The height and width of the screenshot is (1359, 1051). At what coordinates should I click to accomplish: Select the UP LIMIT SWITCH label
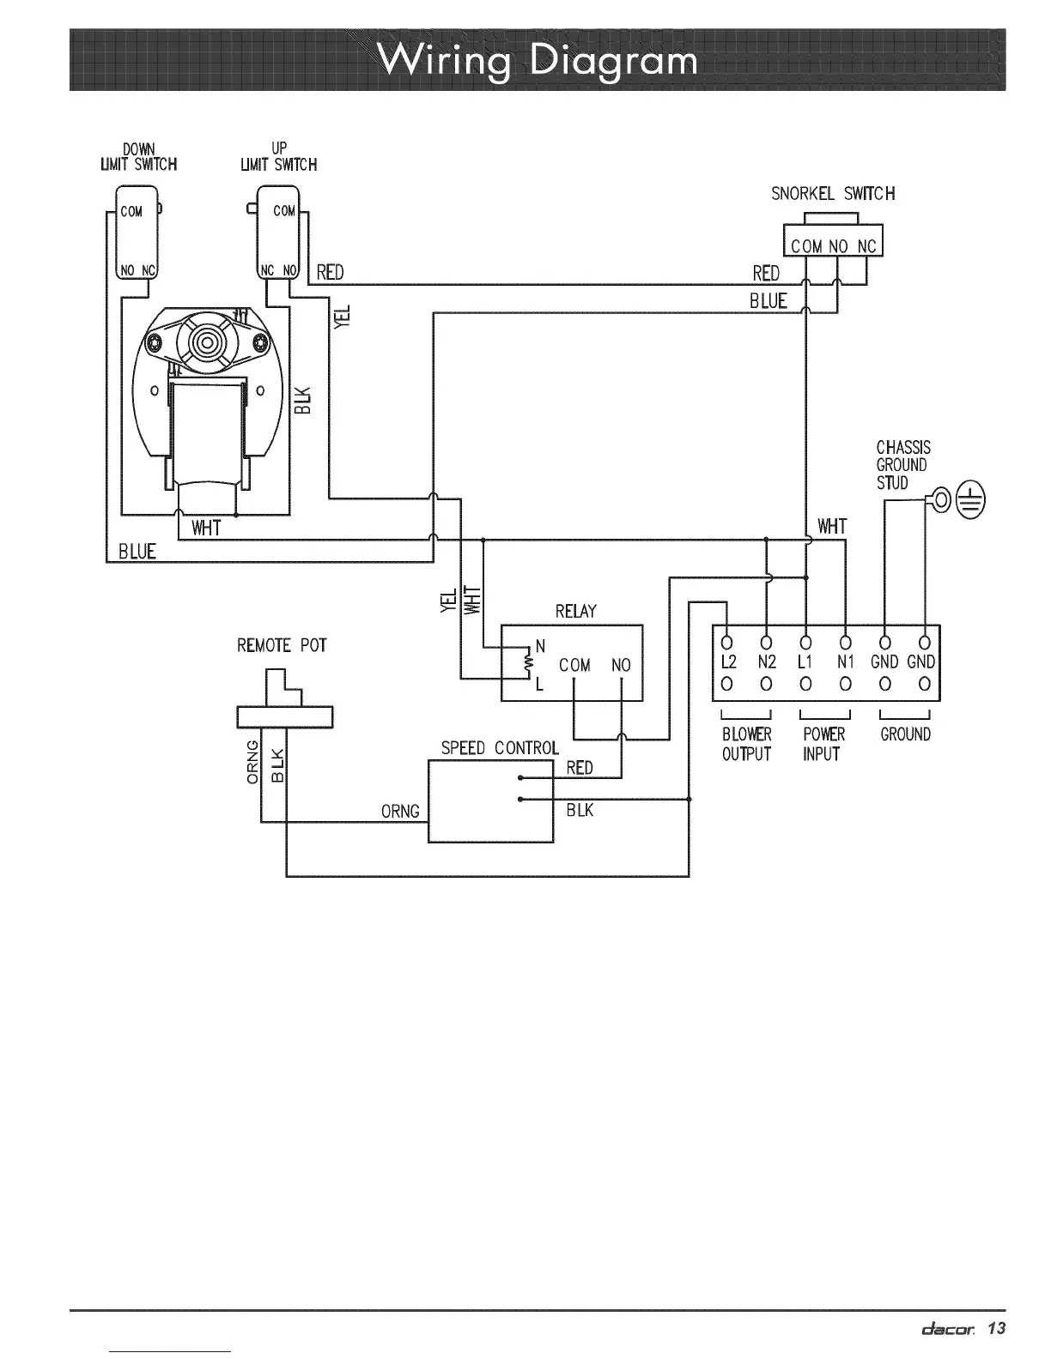[279, 157]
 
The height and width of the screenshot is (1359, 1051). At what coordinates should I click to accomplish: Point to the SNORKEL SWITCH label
[832, 194]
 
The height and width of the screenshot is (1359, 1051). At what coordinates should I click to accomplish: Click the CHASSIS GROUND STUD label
[902, 465]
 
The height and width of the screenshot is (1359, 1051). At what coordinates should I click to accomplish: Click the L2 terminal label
[728, 662]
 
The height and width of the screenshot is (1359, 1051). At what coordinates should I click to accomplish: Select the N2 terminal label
[767, 662]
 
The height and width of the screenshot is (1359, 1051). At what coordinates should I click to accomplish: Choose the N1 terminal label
[845, 662]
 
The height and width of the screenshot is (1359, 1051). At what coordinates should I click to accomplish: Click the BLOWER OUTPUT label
[746, 744]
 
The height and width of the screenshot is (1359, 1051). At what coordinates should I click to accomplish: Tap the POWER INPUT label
[823, 744]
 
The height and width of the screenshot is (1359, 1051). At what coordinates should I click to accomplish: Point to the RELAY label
[575, 611]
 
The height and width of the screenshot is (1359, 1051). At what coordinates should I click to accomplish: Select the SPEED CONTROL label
[499, 748]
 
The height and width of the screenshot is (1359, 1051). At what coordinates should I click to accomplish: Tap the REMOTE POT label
[282, 645]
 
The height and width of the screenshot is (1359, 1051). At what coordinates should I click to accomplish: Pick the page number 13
[995, 1329]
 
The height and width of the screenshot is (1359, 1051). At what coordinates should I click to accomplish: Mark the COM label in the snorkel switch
[806, 246]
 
